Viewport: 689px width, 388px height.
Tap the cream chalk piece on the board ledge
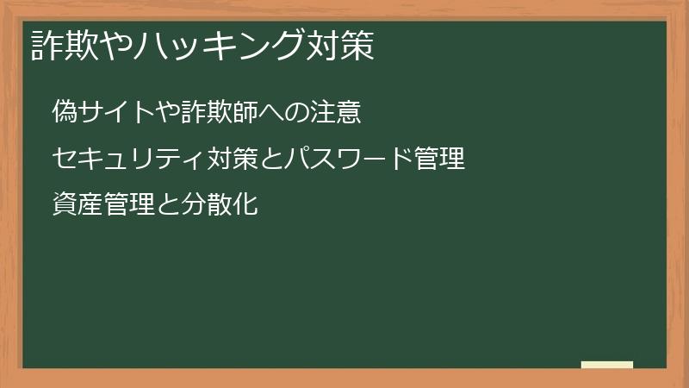click(x=607, y=365)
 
